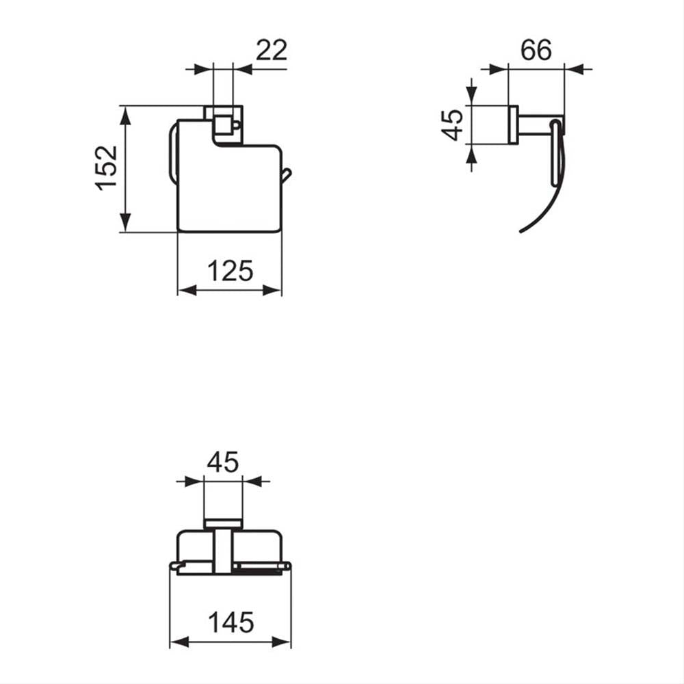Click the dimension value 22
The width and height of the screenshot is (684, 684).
pyautogui.click(x=272, y=50)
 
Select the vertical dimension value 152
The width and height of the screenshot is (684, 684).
pyautogui.click(x=107, y=168)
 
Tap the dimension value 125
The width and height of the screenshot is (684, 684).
pyautogui.click(x=230, y=271)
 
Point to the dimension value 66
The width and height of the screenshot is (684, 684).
pyautogui.click(x=536, y=50)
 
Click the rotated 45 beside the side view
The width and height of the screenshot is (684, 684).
pyautogui.click(x=452, y=124)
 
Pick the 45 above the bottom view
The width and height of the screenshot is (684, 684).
pyautogui.click(x=223, y=462)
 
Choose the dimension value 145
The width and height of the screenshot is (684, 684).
pyautogui.click(x=231, y=622)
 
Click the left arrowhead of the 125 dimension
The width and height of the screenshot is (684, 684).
pyautogui.click(x=187, y=290)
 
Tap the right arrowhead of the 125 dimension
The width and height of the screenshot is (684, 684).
pyautogui.click(x=272, y=290)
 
